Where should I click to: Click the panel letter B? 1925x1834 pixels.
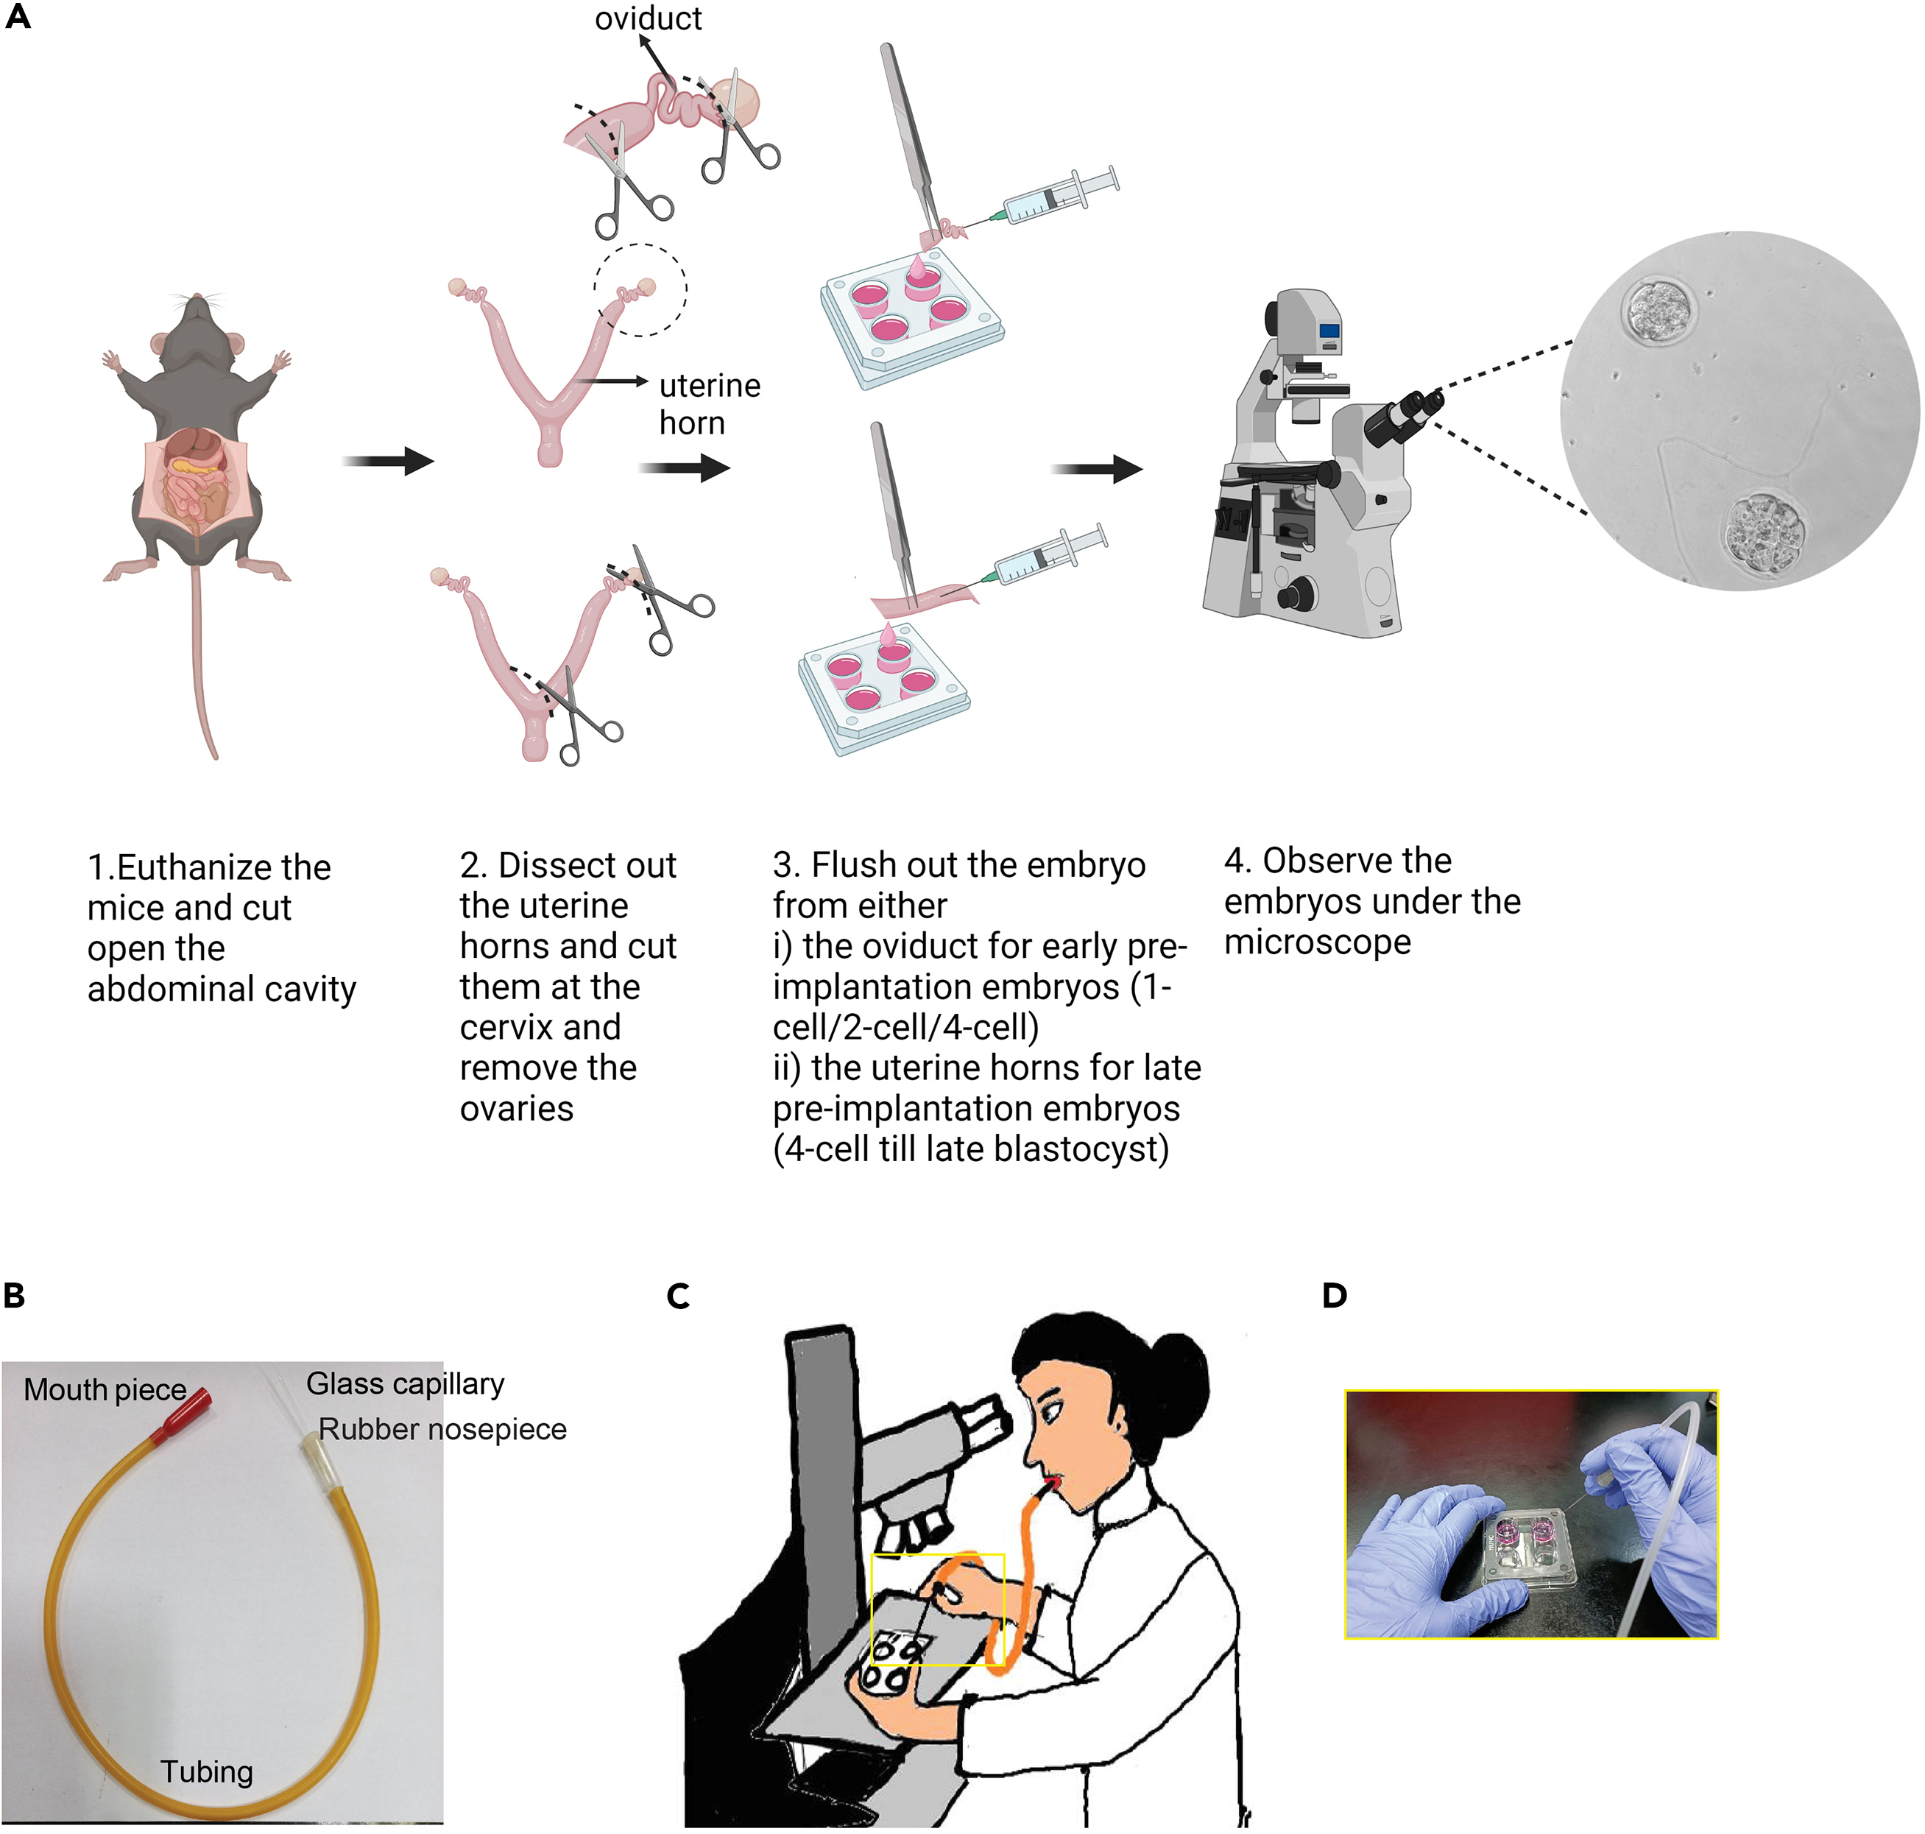click(14, 1295)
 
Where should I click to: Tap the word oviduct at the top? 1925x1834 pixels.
click(649, 18)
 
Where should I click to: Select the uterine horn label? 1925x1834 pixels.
click(709, 403)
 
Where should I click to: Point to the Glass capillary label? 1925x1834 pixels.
click(405, 1383)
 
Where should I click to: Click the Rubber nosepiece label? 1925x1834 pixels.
click(442, 1428)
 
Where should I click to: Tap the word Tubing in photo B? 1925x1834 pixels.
click(206, 1771)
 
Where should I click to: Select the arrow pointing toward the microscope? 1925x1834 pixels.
click(1096, 469)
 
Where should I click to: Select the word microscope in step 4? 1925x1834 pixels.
click(1317, 942)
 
